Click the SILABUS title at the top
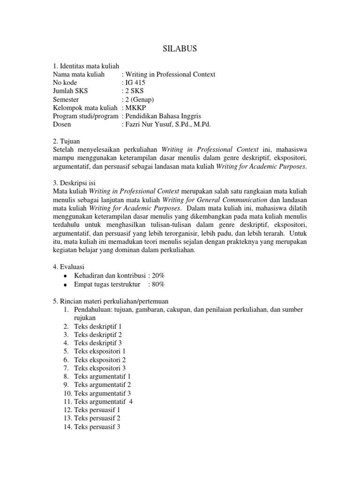tap(180, 48)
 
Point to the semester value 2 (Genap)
tap(138, 99)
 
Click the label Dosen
tap(62, 125)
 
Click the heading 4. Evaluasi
tap(70, 266)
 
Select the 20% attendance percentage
tap(157, 275)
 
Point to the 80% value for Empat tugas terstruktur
tap(157, 284)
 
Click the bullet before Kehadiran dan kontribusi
tap(65, 276)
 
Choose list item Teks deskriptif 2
tap(98, 335)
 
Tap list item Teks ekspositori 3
tap(100, 368)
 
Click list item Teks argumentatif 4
tap(104, 401)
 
